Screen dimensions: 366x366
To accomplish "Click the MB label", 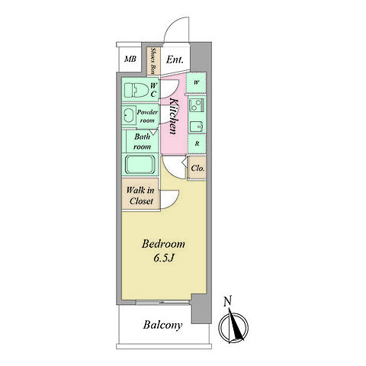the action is click(130, 59).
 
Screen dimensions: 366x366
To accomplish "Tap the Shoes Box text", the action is click(153, 61).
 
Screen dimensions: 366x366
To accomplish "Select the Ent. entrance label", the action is click(175, 59).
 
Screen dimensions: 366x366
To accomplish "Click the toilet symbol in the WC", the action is click(136, 90).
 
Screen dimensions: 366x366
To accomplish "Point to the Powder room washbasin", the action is click(129, 116).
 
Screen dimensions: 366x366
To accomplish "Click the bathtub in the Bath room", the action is click(140, 165).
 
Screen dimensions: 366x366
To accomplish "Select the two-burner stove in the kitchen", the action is click(196, 104).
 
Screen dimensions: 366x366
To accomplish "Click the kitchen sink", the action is click(197, 127).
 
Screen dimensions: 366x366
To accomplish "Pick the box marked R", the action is click(197, 144).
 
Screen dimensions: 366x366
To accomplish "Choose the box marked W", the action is click(197, 83).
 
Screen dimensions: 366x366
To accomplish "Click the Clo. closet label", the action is click(197, 168).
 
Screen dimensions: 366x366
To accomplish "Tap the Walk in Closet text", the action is click(140, 195).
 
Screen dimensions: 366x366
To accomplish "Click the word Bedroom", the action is click(163, 244).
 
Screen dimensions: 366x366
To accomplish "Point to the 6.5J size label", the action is click(164, 258).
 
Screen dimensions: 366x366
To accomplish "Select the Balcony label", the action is click(162, 325).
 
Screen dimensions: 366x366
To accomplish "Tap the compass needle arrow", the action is click(236, 325).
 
